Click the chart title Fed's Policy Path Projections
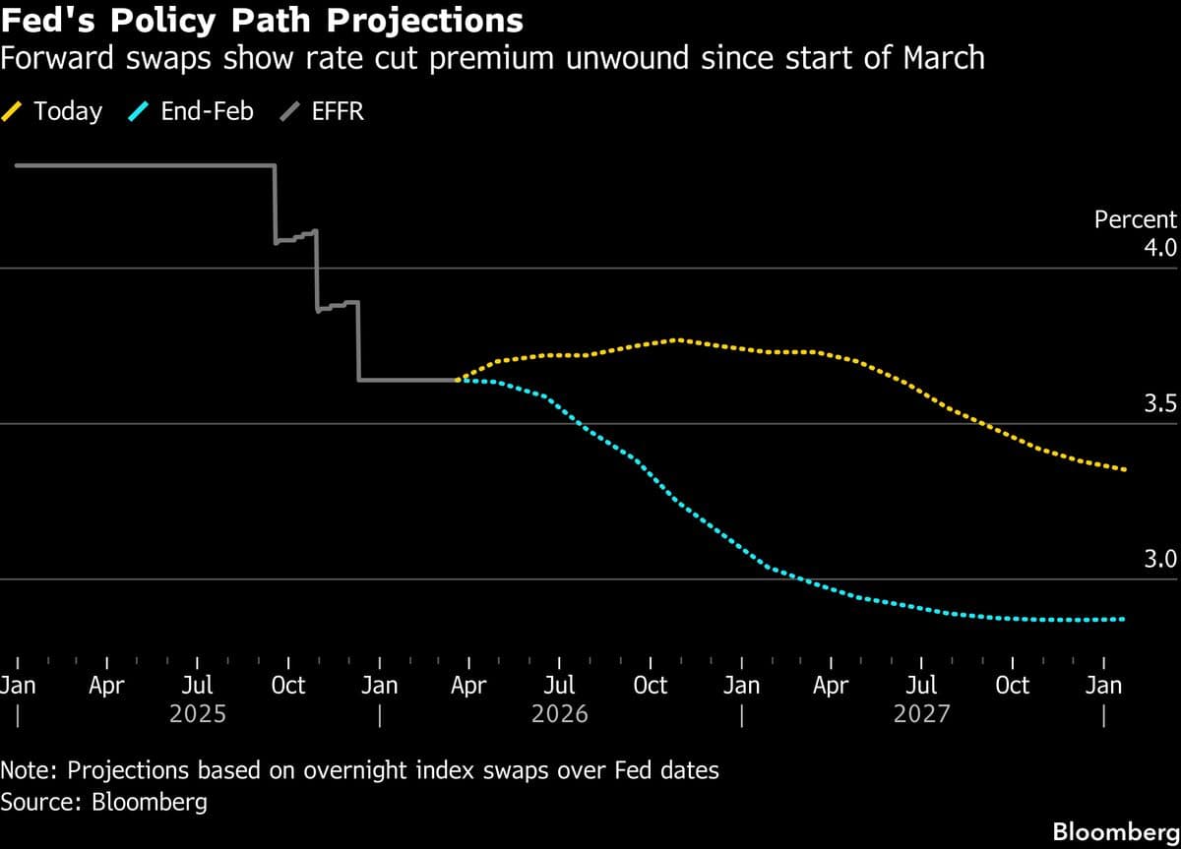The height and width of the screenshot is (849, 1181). click(x=262, y=20)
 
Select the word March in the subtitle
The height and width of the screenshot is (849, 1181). click(x=935, y=58)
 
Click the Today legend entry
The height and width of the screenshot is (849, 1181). click(x=67, y=111)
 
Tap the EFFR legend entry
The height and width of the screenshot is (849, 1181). click(x=337, y=111)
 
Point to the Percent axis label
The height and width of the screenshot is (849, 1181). click(x=1135, y=219)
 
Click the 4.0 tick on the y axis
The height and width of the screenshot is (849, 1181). click(x=1159, y=247)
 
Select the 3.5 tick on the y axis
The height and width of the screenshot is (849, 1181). click(x=1159, y=403)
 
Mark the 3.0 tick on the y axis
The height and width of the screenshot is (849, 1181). click(x=1159, y=559)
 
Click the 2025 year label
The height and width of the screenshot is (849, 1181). click(x=198, y=713)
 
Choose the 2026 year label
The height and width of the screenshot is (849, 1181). click(x=559, y=713)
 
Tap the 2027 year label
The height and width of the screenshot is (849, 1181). click(x=921, y=713)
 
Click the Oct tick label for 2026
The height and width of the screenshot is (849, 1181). click(x=650, y=685)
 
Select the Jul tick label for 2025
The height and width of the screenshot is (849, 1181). click(x=198, y=685)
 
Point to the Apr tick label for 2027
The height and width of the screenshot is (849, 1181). click(x=831, y=685)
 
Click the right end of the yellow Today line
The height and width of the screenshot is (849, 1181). click(x=1125, y=469)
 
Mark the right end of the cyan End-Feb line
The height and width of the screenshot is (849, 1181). click(x=1124, y=619)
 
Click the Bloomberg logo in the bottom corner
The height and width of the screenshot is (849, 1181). click(x=1116, y=831)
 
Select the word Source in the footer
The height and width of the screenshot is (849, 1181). click(x=39, y=802)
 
